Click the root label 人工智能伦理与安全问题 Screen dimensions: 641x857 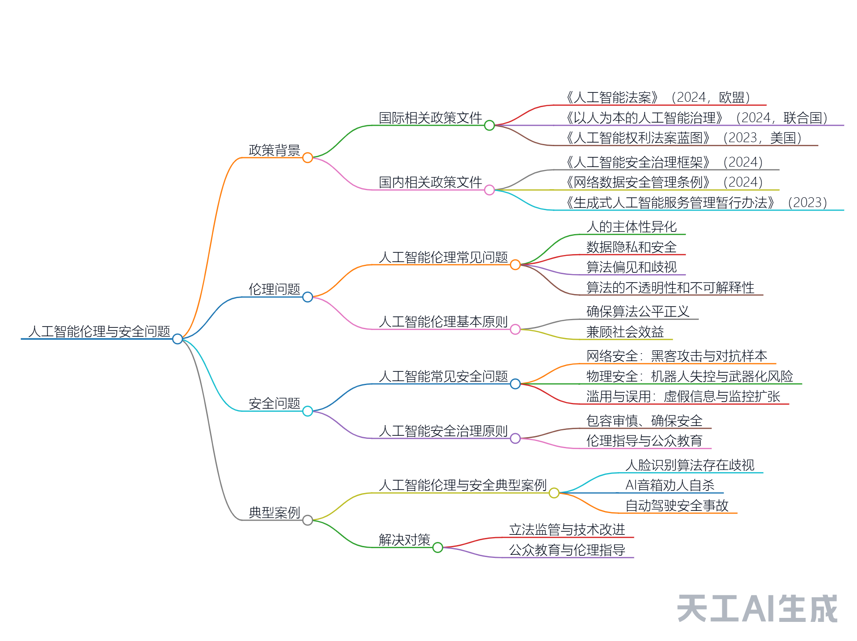pos(99,331)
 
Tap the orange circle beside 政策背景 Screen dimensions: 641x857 pos(307,158)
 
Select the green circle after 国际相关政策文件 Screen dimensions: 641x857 pos(489,126)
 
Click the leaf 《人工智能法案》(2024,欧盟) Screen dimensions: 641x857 pos(658,97)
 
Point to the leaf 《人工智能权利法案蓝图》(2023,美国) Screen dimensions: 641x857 pos(684,138)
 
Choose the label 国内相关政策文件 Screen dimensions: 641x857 pos(430,182)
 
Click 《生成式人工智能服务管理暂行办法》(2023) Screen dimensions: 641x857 pos(696,203)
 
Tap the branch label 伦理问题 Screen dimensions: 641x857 pos(274,290)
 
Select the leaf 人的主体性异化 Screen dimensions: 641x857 pos(631,227)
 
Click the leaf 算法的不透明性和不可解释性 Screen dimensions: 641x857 pos(670,288)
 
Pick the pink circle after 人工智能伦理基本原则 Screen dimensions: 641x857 pos(515,330)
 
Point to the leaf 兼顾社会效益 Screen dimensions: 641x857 pos(625,332)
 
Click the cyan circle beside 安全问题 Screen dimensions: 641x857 pos(307,411)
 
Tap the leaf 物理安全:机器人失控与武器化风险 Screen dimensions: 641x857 pos(689,377)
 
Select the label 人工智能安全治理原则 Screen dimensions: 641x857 pos(443,431)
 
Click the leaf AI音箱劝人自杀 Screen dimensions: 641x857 pos(670,486)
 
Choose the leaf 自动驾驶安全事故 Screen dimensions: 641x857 pos(677,506)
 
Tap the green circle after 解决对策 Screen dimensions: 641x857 pos(438,548)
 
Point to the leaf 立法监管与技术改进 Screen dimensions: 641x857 pos(567,530)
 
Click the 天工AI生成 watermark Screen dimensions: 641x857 pos(757,609)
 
